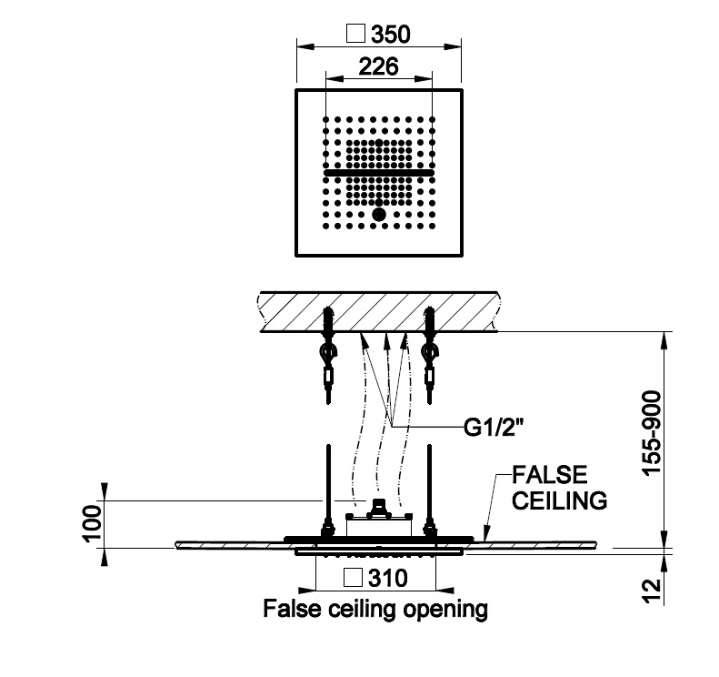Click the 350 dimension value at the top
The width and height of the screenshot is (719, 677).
click(x=391, y=35)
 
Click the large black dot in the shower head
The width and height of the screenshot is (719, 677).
click(x=379, y=215)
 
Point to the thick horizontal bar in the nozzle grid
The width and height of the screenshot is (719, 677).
click(x=379, y=172)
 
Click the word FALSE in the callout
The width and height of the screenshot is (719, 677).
click(x=549, y=475)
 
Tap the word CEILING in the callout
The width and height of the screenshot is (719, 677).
click(x=560, y=500)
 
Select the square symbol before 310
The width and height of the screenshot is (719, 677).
click(x=356, y=577)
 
